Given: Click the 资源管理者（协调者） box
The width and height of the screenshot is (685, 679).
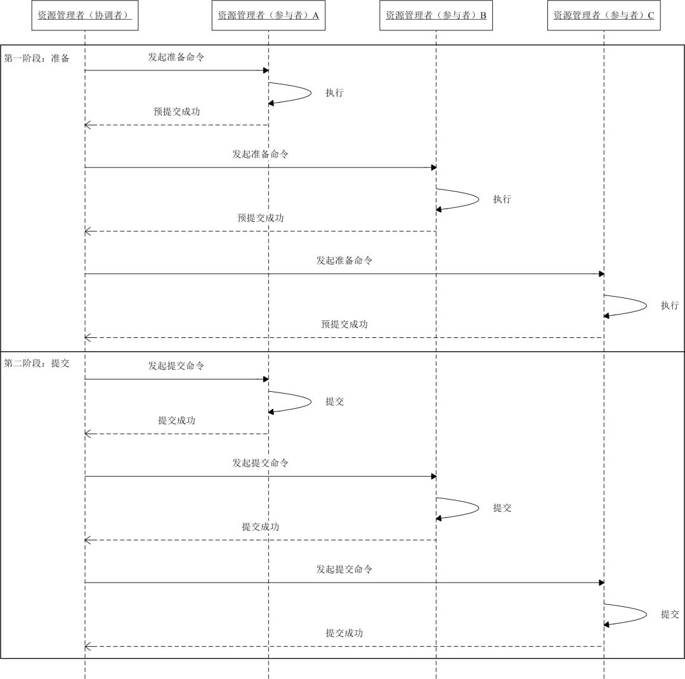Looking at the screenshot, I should pyautogui.click(x=85, y=15).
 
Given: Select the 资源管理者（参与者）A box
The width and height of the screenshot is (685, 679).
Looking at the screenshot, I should pyautogui.click(x=268, y=15).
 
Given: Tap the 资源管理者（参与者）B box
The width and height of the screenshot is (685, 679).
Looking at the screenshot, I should pyautogui.click(x=436, y=15).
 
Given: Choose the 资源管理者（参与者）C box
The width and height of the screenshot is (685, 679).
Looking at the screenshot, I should pyautogui.click(x=604, y=15).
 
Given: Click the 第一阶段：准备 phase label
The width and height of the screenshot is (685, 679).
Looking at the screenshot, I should pyautogui.click(x=37, y=58).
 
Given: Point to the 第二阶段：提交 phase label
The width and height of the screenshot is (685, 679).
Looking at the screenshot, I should pyautogui.click(x=37, y=364).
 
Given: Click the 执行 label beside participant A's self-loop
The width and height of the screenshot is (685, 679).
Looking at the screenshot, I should pyautogui.click(x=334, y=93).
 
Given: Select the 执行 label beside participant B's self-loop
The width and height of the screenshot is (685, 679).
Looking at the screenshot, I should pyautogui.click(x=502, y=199).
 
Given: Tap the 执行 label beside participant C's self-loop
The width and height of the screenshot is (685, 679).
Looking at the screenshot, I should pyautogui.click(x=670, y=306).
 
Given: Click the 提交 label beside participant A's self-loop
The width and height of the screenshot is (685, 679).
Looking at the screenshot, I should pyautogui.click(x=334, y=401).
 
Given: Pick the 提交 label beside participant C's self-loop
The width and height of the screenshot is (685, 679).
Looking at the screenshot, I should pyautogui.click(x=670, y=614).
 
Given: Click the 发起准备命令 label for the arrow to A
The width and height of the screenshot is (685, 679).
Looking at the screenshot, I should pyautogui.click(x=176, y=57).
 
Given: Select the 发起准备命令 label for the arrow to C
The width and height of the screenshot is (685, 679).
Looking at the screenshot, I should pyautogui.click(x=344, y=261).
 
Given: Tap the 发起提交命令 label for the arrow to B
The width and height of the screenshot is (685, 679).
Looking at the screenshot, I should pyautogui.click(x=260, y=463).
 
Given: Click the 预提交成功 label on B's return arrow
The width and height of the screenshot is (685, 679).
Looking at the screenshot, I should pyautogui.click(x=260, y=218).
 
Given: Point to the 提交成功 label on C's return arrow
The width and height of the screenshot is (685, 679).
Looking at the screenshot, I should pyautogui.click(x=344, y=633).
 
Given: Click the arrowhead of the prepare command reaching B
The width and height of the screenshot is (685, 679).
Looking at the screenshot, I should pyautogui.click(x=433, y=167).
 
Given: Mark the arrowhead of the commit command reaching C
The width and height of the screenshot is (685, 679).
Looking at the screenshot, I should pyautogui.click(x=601, y=582).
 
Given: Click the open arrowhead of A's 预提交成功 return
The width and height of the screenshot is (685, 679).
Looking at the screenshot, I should pyautogui.click(x=88, y=125).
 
